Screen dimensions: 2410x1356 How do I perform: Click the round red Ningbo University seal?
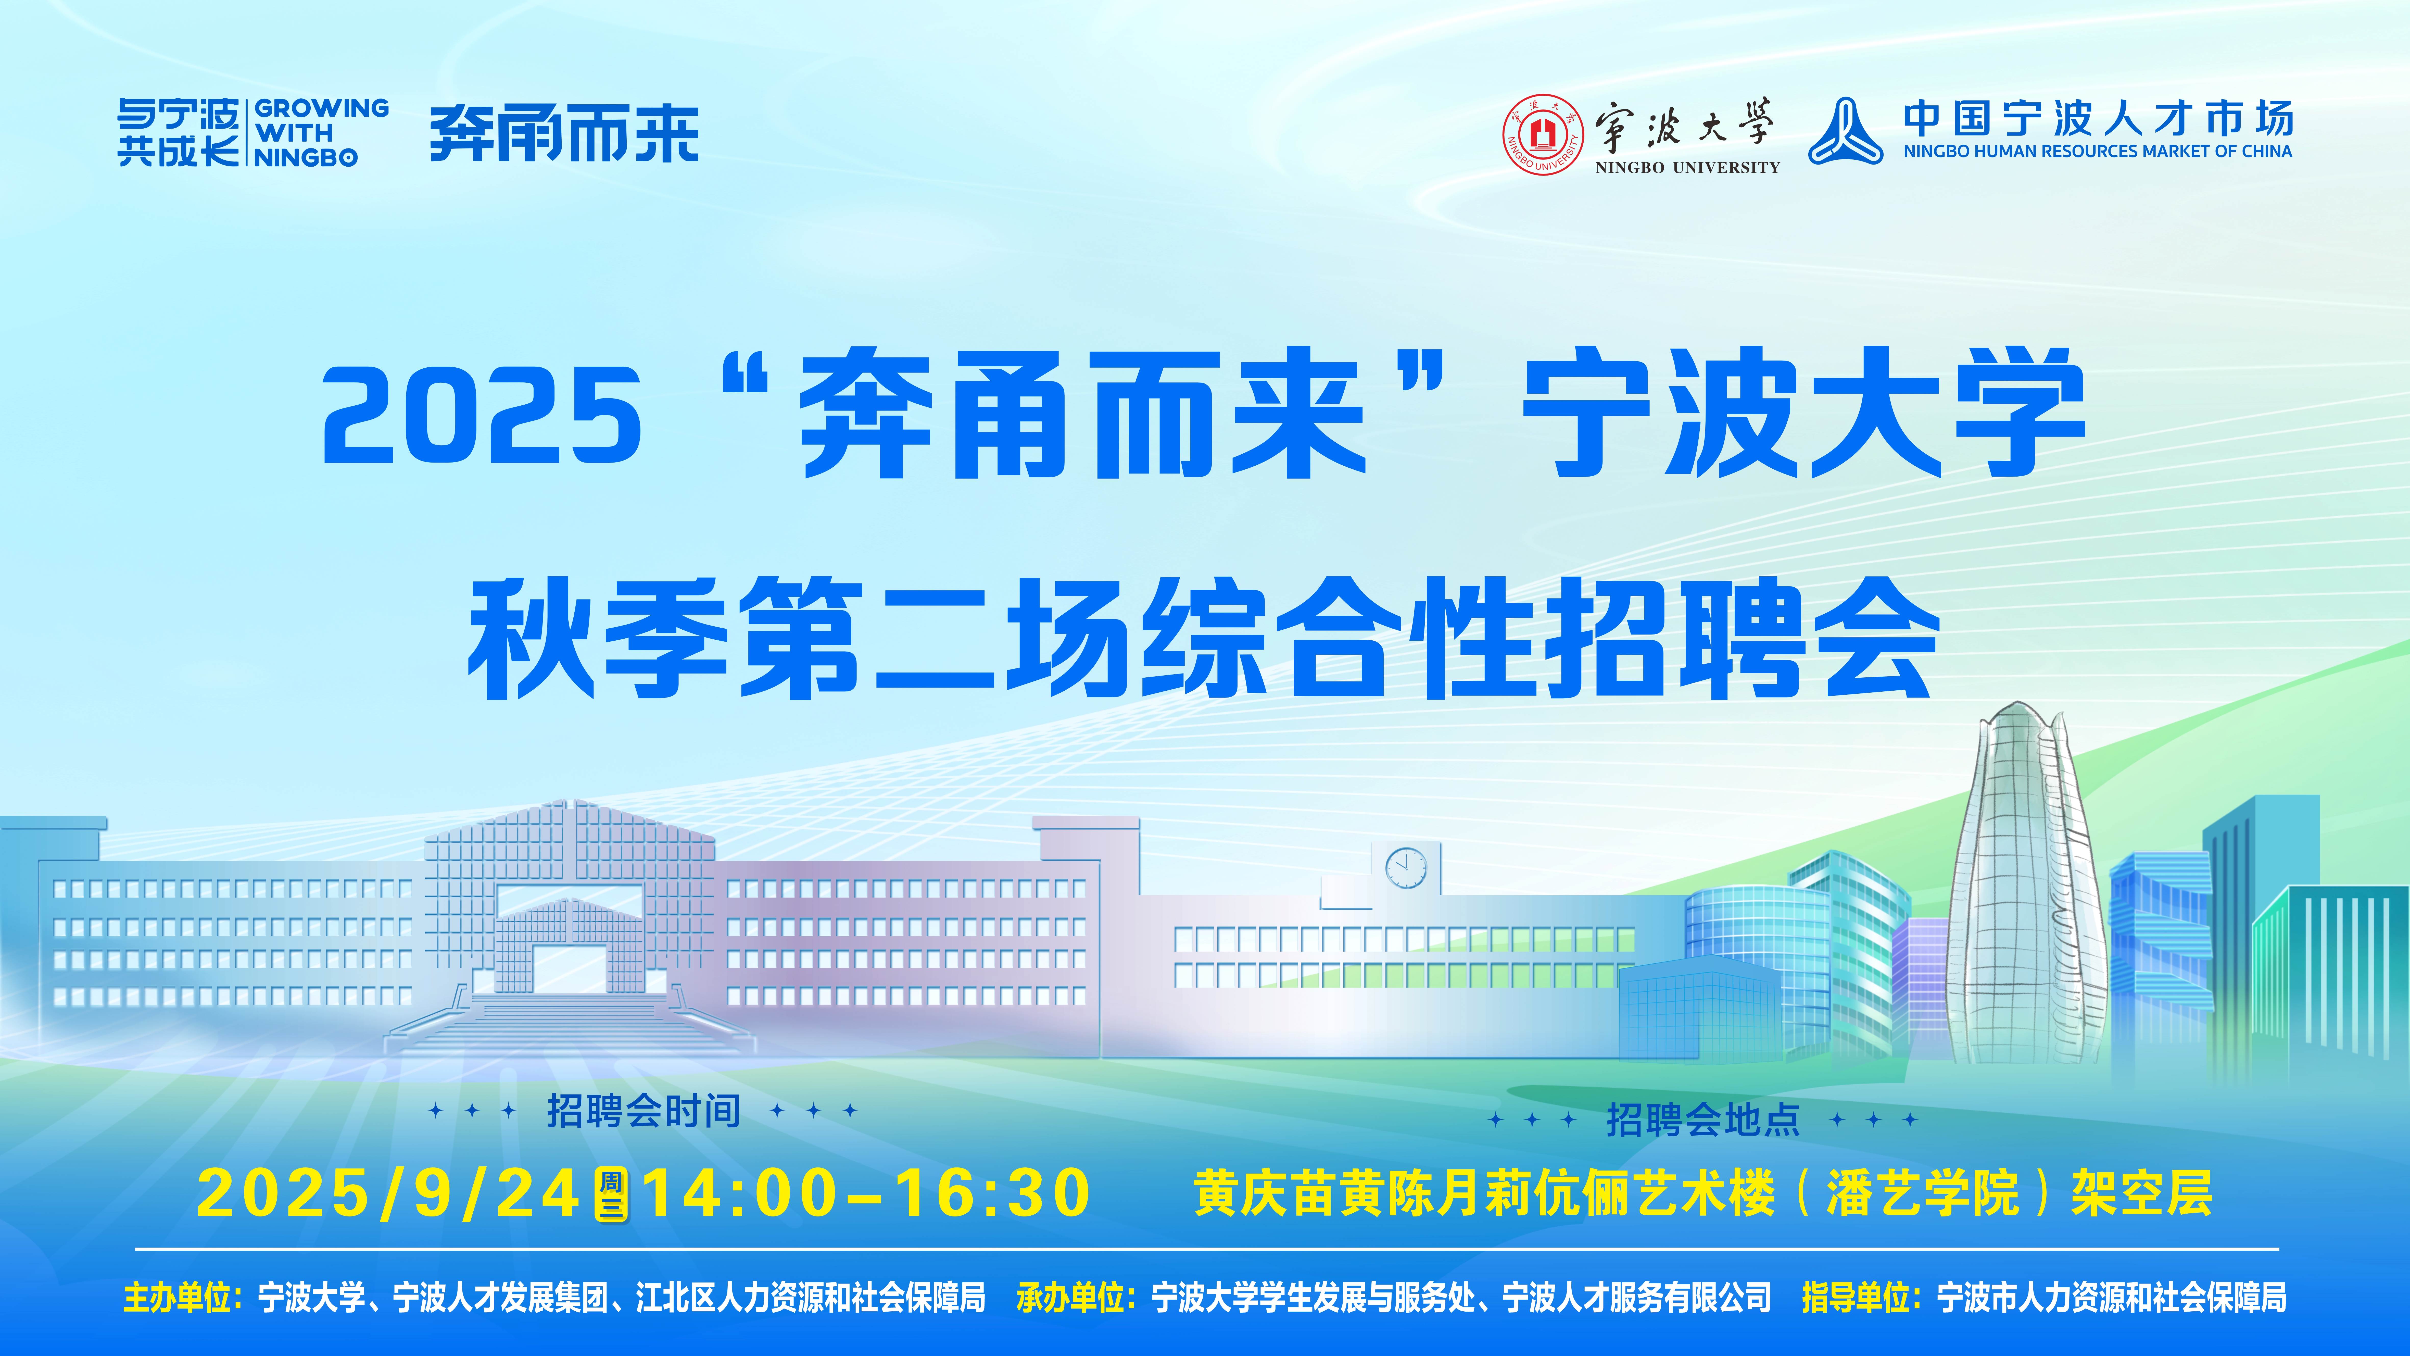pyautogui.click(x=1544, y=134)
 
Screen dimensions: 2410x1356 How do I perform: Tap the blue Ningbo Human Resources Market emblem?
pyautogui.click(x=1845, y=132)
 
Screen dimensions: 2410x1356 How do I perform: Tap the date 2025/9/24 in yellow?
pyautogui.click(x=388, y=1193)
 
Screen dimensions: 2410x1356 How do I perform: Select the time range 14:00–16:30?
pyautogui.click(x=865, y=1193)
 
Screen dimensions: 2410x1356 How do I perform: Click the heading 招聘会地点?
pyautogui.click(x=1703, y=1119)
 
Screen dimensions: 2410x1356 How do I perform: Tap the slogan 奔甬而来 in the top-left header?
pyautogui.click(x=564, y=134)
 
